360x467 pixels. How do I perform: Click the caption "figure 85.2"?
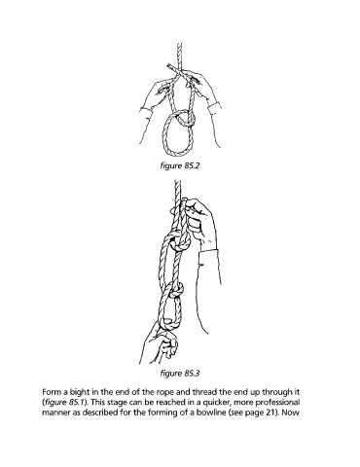180,165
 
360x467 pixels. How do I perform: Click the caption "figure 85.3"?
180,374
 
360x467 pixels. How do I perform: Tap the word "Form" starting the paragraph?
50,392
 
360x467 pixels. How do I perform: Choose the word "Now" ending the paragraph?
293,413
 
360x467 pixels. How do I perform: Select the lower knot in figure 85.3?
175,290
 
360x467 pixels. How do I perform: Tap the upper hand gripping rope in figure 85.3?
198,222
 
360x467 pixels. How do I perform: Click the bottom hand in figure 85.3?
162,343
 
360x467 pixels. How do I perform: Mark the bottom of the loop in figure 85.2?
178,156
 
